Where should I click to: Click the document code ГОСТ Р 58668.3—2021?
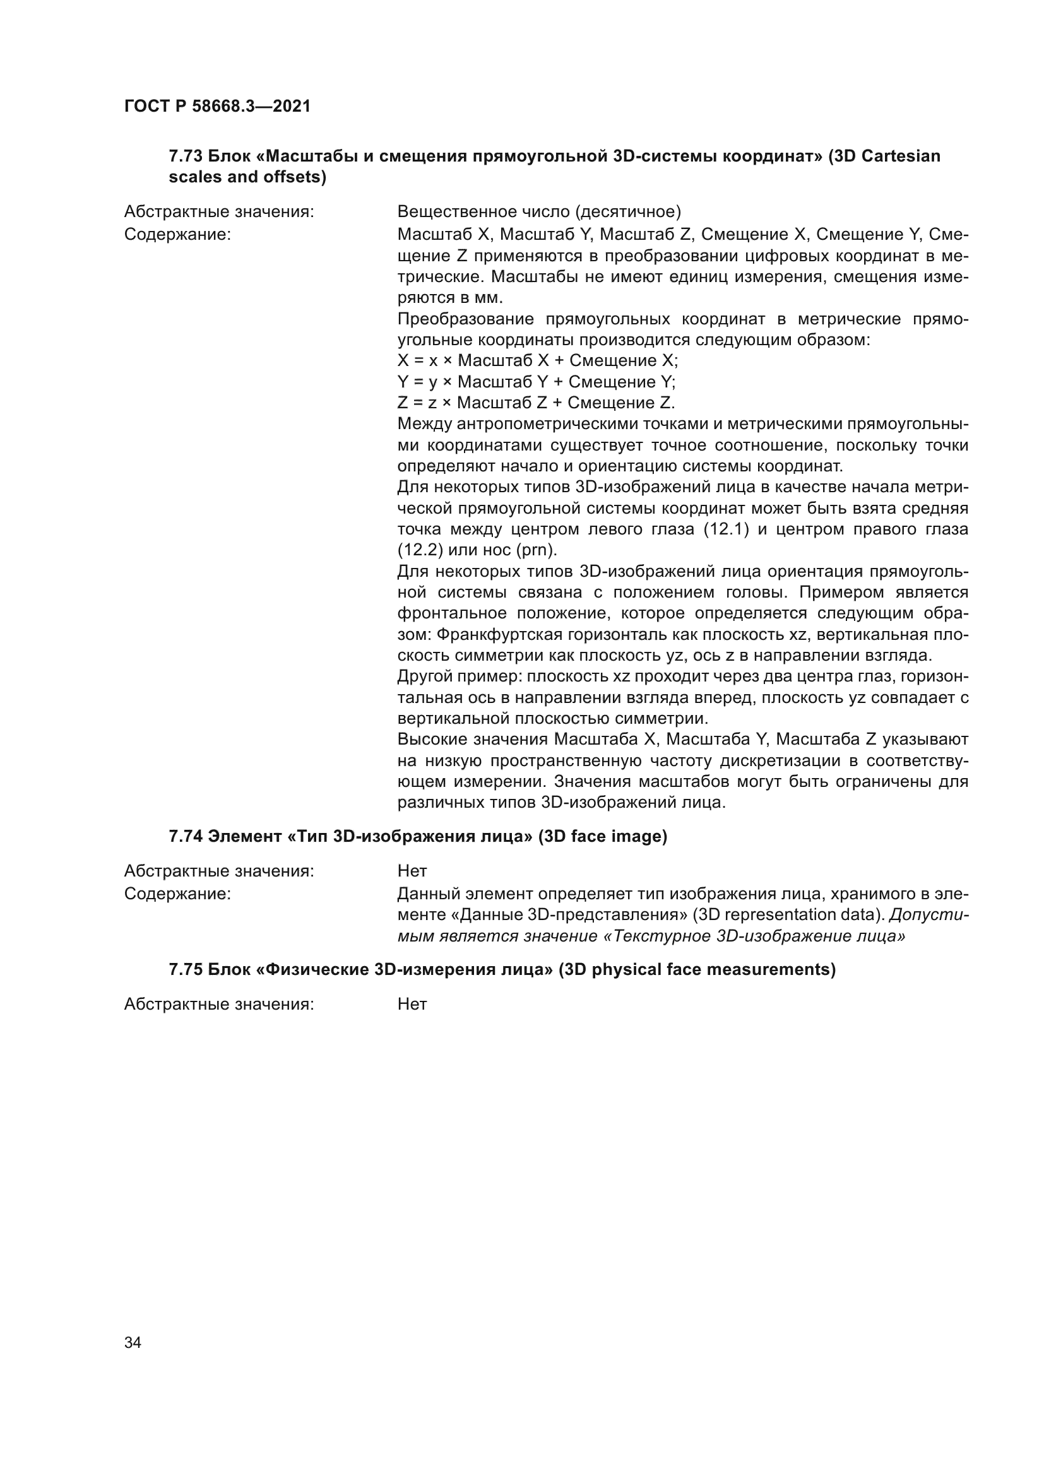[x=217, y=107]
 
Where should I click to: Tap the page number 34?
[x=133, y=1342]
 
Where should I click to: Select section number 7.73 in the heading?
[x=186, y=156]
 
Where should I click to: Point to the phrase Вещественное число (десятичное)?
[x=538, y=211]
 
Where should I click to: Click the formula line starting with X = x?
[x=537, y=361]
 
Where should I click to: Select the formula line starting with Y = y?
[x=536, y=382]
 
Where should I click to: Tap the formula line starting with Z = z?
[x=536, y=403]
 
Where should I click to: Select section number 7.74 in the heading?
[x=186, y=836]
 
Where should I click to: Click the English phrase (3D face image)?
[x=602, y=836]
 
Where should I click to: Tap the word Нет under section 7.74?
[x=412, y=871]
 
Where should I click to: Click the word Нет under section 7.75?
[x=412, y=1004]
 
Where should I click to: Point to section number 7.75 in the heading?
[x=186, y=969]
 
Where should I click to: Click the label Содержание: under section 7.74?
[x=177, y=894]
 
